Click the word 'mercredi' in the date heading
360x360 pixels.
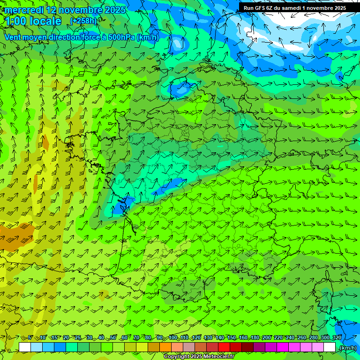coord(24,10)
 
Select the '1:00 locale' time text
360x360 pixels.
coord(33,21)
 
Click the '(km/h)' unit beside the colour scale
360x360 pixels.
coord(347,347)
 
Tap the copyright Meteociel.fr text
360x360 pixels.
coord(199,357)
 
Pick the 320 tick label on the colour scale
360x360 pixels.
coord(336,337)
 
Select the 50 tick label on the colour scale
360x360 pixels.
coord(113,337)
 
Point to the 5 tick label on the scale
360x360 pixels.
coord(30,337)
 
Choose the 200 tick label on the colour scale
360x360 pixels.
coord(266,337)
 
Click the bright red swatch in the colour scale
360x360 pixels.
coord(224,347)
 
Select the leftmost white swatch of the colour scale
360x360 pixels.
coord(25,347)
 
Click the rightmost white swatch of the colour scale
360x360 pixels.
coord(330,347)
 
